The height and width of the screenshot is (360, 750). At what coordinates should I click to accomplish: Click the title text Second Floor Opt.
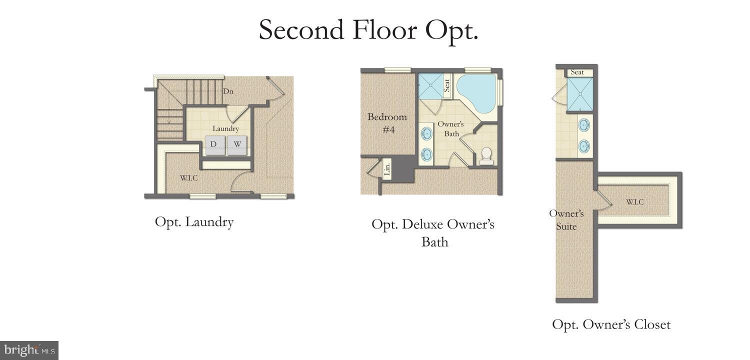368,30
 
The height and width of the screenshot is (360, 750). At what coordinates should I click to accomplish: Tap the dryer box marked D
214,144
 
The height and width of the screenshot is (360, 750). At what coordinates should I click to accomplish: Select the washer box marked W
238,144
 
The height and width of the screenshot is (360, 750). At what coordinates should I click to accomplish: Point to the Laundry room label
225,128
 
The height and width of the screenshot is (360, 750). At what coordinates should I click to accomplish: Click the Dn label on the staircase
228,91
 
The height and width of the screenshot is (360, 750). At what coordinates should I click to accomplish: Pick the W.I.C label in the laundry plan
188,177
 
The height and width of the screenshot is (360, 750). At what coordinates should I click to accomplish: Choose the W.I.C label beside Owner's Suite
634,202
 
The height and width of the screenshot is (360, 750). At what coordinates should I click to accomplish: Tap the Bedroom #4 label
387,122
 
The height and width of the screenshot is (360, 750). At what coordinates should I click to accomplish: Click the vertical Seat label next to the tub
447,85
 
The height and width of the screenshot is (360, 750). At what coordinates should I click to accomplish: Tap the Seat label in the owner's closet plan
577,72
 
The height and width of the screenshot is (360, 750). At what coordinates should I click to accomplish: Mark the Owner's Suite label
566,220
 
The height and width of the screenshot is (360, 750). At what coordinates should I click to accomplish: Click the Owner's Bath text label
451,128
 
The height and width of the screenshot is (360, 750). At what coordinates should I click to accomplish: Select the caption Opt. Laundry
194,221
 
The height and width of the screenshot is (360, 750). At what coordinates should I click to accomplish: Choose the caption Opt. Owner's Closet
611,324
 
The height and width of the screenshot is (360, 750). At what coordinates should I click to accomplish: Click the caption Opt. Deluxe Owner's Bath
433,233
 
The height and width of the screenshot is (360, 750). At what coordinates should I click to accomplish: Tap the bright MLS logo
29,350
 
